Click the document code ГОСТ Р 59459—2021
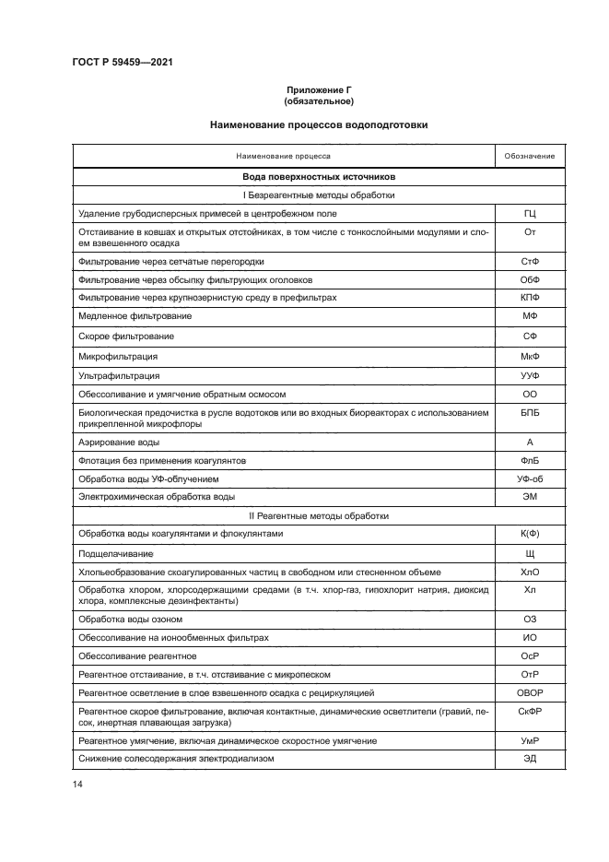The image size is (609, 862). pos(122,62)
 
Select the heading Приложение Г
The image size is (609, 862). pos(319,89)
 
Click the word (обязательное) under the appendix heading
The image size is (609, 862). pos(319,100)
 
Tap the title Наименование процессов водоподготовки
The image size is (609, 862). pos(319,124)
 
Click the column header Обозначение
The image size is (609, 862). pos(530,156)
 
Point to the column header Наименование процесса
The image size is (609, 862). pos(283,156)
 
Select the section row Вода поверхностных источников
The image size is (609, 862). pos(319,176)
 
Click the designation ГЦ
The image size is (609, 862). pos(530,214)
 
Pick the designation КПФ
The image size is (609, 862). pos(530,298)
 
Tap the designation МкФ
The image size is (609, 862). pos(530,356)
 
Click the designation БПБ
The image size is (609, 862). pos(530,413)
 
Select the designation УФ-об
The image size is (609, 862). pos(530,478)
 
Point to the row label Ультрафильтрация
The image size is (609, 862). pos(119,375)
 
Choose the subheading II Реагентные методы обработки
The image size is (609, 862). pos(319,515)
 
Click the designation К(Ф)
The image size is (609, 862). pos(530,534)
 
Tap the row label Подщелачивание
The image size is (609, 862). pos(116,553)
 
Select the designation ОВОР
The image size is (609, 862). pos(530,691)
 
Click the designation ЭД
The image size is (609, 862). pos(530,758)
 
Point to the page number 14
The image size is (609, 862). pos(77,784)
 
